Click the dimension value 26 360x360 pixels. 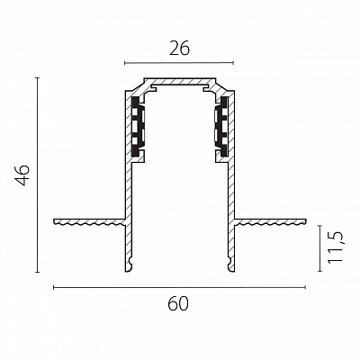[179, 49]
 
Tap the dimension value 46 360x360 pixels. [22, 175]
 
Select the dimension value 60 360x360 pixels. [178, 303]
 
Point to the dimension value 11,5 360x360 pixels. [335, 248]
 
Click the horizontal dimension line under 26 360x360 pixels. [179, 63]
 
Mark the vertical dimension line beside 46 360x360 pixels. [37, 175]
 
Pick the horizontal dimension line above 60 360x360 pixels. [179, 287]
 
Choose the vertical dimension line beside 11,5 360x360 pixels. [319, 248]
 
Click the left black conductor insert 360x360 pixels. [138, 126]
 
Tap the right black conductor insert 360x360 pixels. [221, 126]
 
